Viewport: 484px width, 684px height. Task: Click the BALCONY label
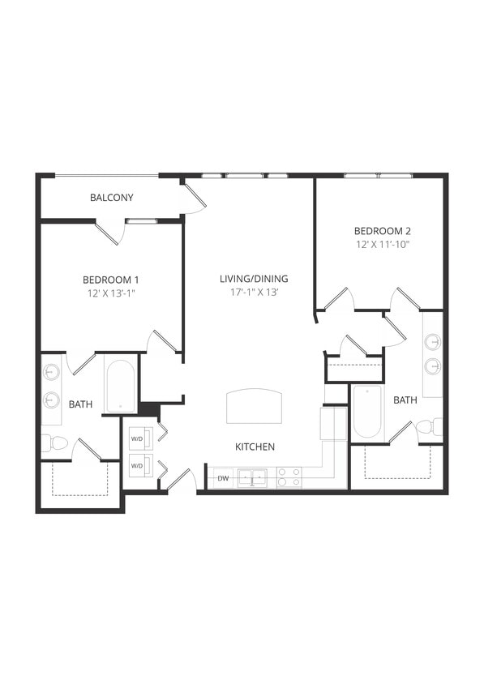tap(112, 198)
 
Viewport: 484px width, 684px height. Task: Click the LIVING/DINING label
tap(254, 279)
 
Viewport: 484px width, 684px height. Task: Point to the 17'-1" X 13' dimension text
tap(254, 293)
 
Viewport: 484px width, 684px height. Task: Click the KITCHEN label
tap(255, 447)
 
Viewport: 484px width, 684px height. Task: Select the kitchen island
tap(255, 404)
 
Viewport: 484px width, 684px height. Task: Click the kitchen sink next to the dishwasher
tap(253, 478)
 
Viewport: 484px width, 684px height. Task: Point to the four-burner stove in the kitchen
tap(289, 478)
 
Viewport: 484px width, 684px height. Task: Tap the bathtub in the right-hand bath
tap(367, 412)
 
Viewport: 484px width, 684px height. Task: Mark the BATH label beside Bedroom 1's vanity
tap(79, 404)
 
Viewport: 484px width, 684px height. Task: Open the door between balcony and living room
tap(194, 199)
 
